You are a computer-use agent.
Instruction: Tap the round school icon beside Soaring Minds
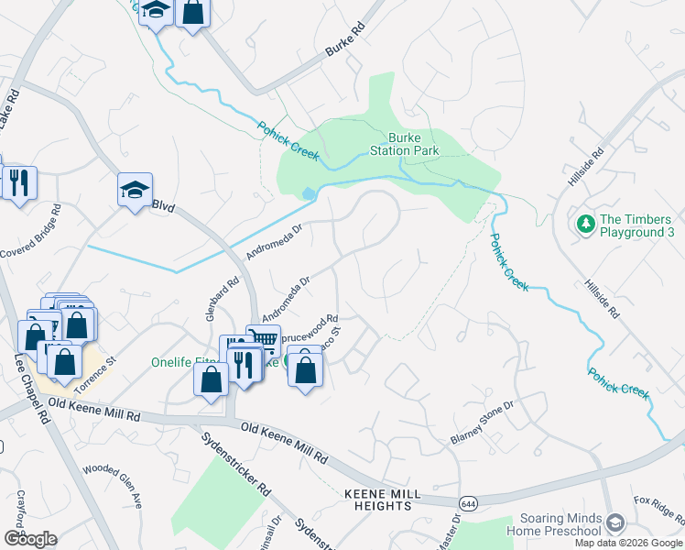pyautogui.click(x=614, y=522)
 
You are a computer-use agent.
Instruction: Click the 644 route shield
pyautogui.click(x=469, y=503)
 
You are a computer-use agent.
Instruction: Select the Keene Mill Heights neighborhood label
pyautogui.click(x=382, y=500)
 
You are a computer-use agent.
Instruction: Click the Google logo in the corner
pyautogui.click(x=30, y=539)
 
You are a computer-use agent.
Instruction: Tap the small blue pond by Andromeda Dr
pyautogui.click(x=308, y=193)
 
